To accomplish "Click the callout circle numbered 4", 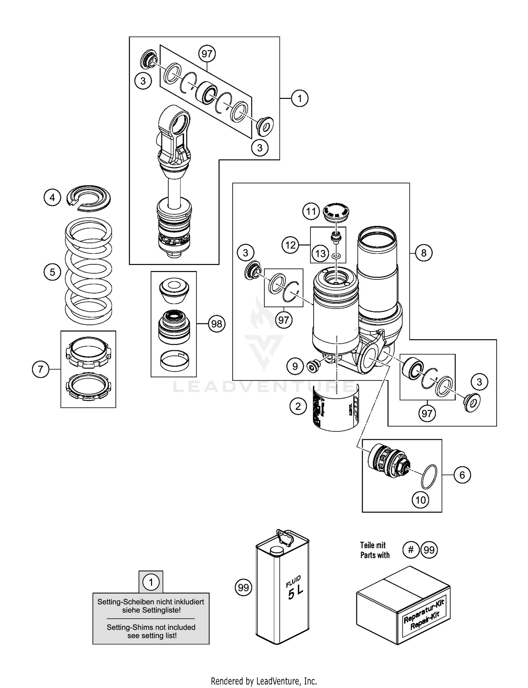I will point(52,197).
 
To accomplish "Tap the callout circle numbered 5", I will point(52,272).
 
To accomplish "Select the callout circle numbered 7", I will point(40,370).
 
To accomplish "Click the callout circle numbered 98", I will point(216,323).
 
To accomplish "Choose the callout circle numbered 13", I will point(320,253).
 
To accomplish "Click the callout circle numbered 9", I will point(295,366).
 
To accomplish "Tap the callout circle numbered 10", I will point(421,500).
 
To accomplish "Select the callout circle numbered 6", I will point(462,475).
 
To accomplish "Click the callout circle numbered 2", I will point(298,406).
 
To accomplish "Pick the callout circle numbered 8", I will point(423,253).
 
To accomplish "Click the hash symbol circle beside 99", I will point(410,550).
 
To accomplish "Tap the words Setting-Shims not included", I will point(151,627).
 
